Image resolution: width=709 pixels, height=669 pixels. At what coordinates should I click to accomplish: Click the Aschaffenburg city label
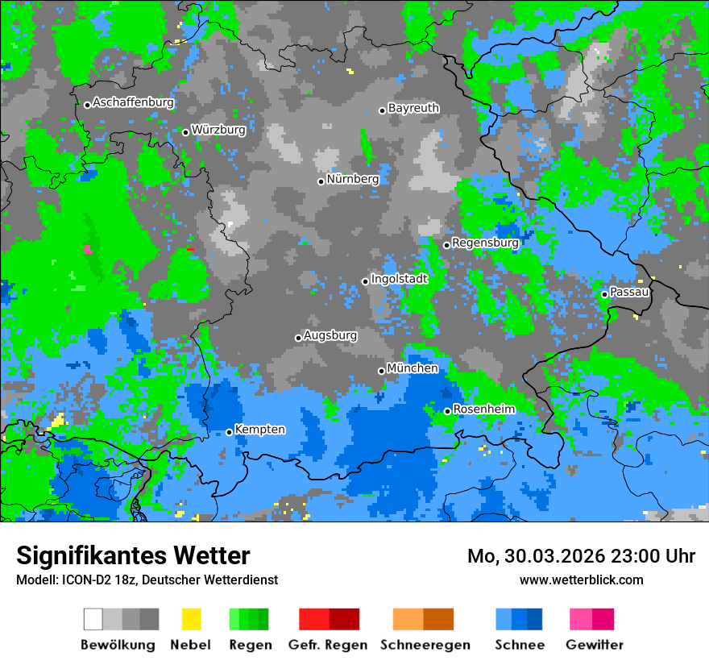(133, 102)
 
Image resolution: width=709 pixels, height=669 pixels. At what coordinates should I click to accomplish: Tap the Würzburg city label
(218, 129)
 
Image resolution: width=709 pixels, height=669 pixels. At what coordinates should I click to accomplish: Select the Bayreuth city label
(413, 108)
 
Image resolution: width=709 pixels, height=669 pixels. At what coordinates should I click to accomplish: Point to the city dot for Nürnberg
(321, 181)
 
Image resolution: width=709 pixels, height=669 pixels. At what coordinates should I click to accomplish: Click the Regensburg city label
(485, 243)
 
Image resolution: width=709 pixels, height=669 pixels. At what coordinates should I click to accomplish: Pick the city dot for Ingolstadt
(365, 281)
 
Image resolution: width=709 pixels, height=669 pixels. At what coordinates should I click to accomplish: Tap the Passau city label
(629, 292)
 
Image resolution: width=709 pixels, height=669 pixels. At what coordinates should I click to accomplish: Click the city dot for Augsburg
(298, 338)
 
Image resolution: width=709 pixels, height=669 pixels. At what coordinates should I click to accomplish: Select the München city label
(413, 368)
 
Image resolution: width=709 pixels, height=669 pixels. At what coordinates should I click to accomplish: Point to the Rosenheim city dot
(447, 411)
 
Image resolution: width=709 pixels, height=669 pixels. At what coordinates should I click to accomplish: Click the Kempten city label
(259, 430)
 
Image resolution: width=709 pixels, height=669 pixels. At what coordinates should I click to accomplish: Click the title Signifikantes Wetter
(133, 555)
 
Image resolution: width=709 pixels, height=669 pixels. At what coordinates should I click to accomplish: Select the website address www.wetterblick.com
(581, 580)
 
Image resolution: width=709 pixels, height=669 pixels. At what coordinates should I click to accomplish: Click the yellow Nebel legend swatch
(191, 619)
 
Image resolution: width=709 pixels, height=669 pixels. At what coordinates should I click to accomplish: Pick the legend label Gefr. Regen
(327, 645)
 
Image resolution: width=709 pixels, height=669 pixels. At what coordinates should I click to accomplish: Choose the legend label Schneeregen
(425, 645)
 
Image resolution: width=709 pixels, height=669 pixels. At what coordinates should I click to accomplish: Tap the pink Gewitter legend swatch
(581, 619)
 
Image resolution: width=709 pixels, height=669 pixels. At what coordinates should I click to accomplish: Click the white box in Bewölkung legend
(93, 619)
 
